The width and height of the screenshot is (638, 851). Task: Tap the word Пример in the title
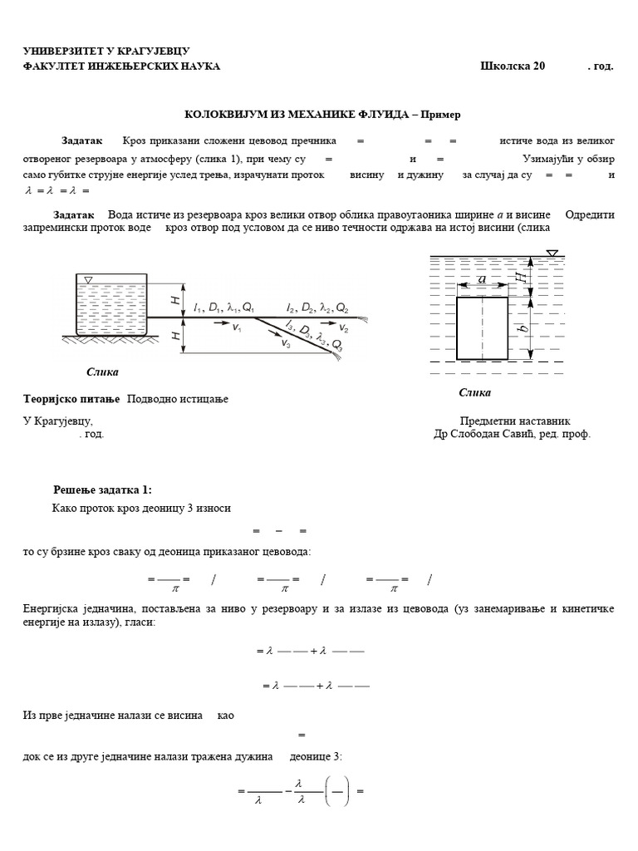(x=441, y=114)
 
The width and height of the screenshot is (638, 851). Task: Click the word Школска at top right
(x=507, y=66)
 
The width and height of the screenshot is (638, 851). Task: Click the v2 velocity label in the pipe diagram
(x=344, y=329)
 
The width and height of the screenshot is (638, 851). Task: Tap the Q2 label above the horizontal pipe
(x=341, y=308)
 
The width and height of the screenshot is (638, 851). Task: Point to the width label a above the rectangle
(x=482, y=281)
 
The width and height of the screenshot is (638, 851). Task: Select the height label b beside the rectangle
(x=522, y=328)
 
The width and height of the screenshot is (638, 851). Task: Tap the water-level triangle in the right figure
(x=552, y=253)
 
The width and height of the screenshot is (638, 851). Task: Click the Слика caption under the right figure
(x=474, y=392)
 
